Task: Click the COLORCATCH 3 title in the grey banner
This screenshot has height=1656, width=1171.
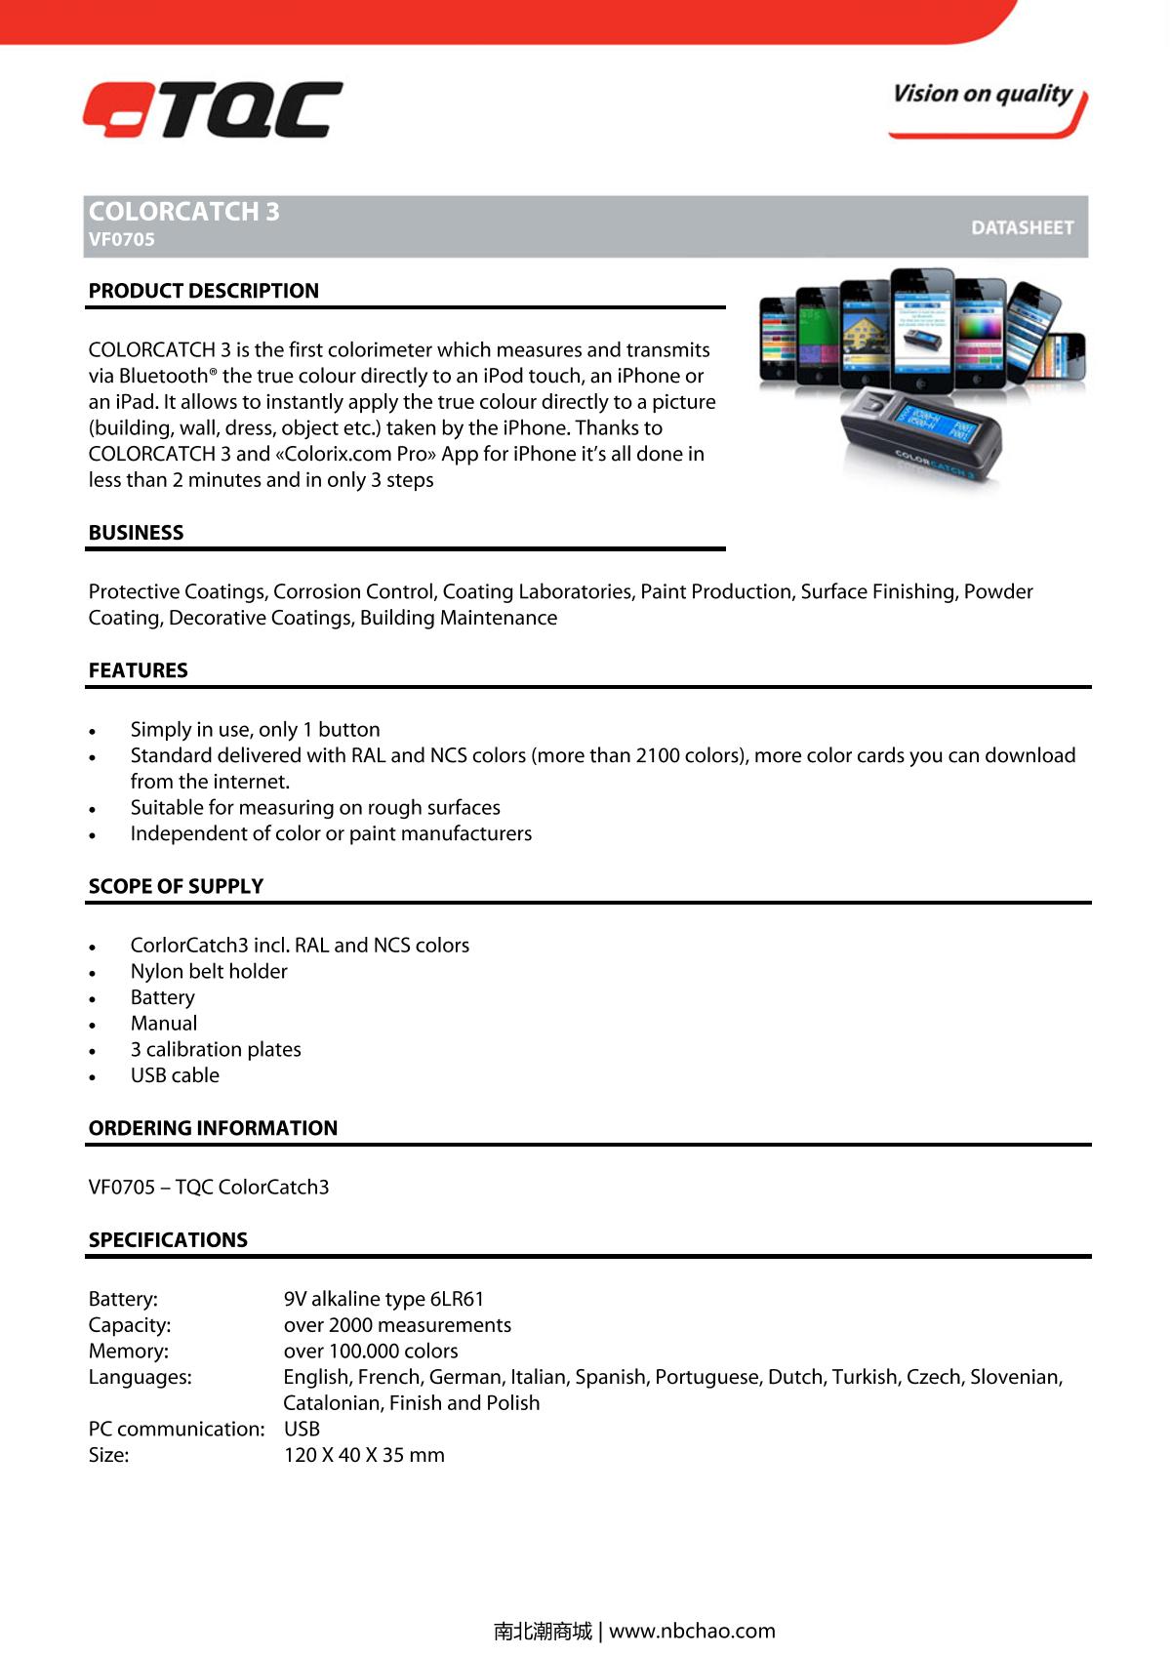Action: pos(183,212)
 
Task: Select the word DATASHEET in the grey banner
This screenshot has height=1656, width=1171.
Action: pos(1022,227)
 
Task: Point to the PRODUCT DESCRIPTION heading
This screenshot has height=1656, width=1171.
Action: pos(203,291)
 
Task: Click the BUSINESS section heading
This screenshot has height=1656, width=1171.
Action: pos(136,533)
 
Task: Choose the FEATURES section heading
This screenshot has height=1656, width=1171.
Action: pos(138,670)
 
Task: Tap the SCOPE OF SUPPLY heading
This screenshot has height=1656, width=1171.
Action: pos(176,886)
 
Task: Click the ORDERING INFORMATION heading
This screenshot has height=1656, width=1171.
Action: pos(213,1128)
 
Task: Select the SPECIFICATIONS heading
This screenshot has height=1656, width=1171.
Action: pos(168,1240)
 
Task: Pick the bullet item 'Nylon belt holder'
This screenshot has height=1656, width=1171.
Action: pos(209,972)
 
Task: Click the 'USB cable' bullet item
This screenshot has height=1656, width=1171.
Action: pos(175,1075)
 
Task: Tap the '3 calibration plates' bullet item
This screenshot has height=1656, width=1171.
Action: pos(216,1050)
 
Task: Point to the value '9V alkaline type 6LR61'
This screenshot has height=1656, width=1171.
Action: pos(384,1299)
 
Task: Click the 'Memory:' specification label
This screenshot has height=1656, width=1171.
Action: pos(128,1352)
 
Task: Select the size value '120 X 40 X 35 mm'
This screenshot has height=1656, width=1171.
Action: pos(364,1455)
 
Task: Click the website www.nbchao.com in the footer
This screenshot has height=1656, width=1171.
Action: pos(692,1631)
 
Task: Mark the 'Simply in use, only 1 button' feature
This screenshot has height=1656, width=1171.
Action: pos(255,730)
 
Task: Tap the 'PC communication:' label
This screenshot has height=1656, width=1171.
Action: pos(176,1430)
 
